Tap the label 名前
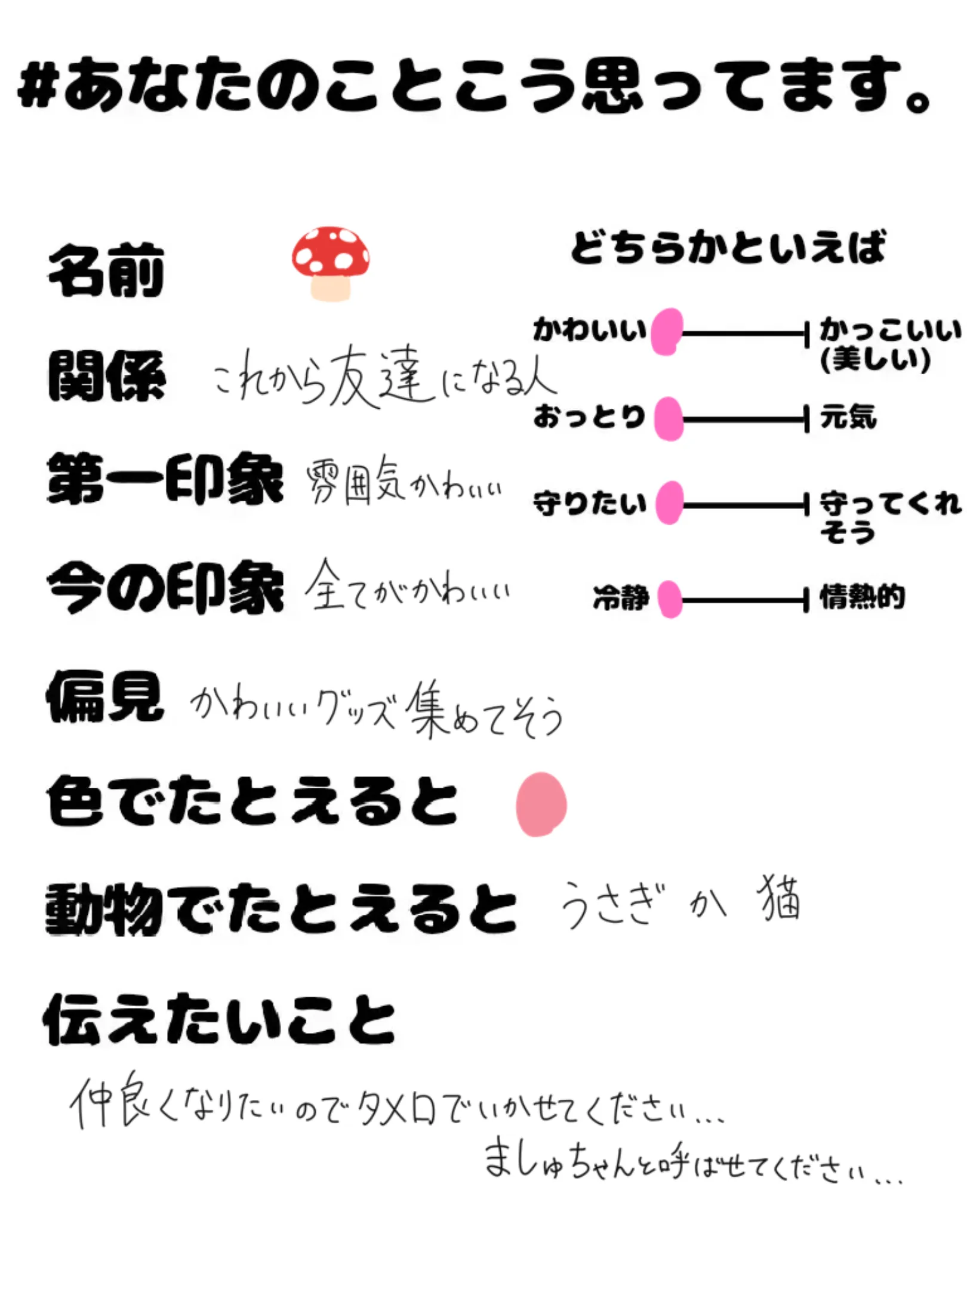click(x=106, y=272)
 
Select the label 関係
click(x=106, y=376)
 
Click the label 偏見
click(x=105, y=696)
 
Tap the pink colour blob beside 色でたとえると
click(x=541, y=804)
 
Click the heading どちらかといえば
click(x=728, y=247)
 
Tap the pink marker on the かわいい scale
click(x=667, y=332)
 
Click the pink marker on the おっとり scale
click(x=669, y=419)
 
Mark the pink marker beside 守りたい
click(x=670, y=503)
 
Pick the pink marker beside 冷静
click(x=670, y=599)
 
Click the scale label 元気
click(x=848, y=417)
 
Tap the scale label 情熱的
click(x=862, y=597)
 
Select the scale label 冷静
click(x=621, y=597)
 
